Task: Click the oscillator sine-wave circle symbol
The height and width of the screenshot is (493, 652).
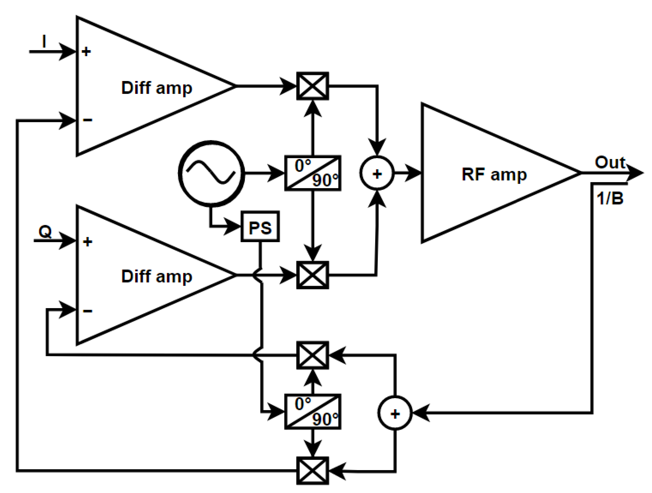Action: [211, 173]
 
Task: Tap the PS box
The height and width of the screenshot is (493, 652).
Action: [260, 226]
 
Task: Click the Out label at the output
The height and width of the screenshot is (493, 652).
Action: [609, 162]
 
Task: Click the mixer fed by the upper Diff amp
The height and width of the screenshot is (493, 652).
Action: [313, 86]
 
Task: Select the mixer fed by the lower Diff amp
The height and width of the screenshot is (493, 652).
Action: [313, 275]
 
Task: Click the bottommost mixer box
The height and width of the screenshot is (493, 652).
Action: [313, 471]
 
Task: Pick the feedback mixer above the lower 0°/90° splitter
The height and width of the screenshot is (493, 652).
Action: [313, 355]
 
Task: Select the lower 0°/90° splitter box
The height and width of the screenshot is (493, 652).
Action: [313, 412]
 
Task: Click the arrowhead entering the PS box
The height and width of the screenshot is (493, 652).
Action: [233, 226]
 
